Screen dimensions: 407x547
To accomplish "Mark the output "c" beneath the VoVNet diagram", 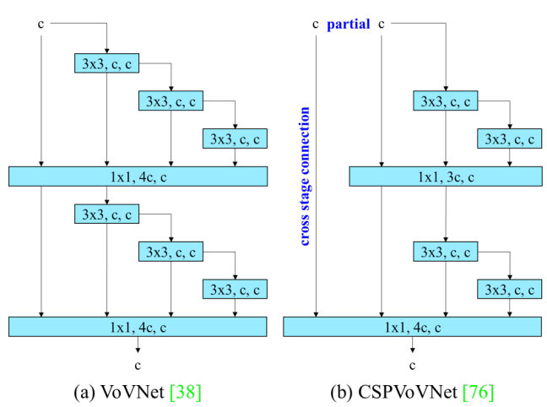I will pyautogui.click(x=138, y=365).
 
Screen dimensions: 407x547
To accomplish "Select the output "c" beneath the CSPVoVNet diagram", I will pyautogui.click(x=413, y=365).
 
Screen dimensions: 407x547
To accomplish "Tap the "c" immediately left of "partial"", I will pyautogui.click(x=316, y=24).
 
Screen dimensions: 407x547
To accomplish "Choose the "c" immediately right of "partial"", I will pyautogui.click(x=382, y=24).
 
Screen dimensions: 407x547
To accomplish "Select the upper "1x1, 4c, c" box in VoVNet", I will pyautogui.click(x=138, y=176).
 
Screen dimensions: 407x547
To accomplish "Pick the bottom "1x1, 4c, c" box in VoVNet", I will pyautogui.click(x=138, y=326).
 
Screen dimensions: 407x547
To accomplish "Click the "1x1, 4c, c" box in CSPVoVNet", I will pyautogui.click(x=413, y=326).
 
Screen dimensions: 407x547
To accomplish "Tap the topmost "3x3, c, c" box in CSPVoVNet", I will pyautogui.click(x=445, y=101).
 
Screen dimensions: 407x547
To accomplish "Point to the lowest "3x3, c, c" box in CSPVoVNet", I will pyautogui.click(x=509, y=289).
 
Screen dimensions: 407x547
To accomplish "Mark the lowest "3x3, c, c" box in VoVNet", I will pyautogui.click(x=235, y=289).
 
